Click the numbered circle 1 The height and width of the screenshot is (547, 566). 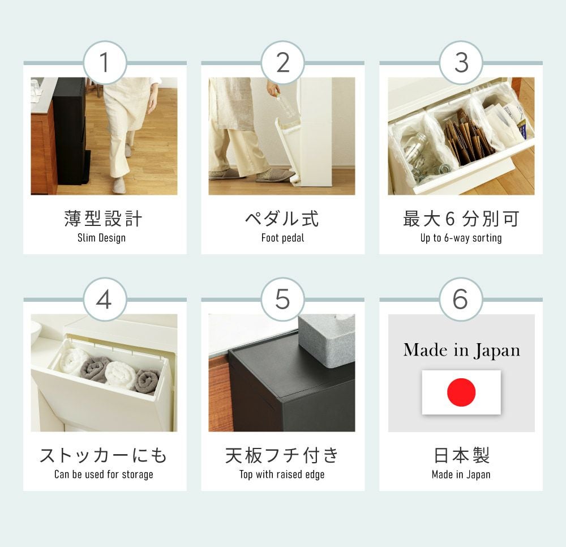(105, 62)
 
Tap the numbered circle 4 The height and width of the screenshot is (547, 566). (105, 300)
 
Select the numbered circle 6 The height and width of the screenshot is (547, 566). (461, 300)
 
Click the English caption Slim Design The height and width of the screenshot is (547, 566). (101, 238)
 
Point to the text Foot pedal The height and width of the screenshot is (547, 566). (282, 238)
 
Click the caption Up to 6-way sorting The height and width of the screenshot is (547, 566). (461, 238)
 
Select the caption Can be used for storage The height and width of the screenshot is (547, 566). (104, 475)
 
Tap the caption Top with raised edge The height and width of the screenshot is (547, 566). (282, 475)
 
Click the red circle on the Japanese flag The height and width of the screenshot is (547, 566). (461, 392)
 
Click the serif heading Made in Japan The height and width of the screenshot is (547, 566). (462, 350)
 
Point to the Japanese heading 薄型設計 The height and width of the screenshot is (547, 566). (103, 219)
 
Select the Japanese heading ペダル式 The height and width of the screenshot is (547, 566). (282, 219)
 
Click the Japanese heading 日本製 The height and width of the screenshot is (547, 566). (461, 455)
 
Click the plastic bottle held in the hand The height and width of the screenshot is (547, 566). (285, 108)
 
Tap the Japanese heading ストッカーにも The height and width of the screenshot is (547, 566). (103, 455)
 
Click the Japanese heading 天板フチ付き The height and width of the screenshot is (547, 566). (282, 455)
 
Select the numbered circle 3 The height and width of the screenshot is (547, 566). (461, 62)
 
